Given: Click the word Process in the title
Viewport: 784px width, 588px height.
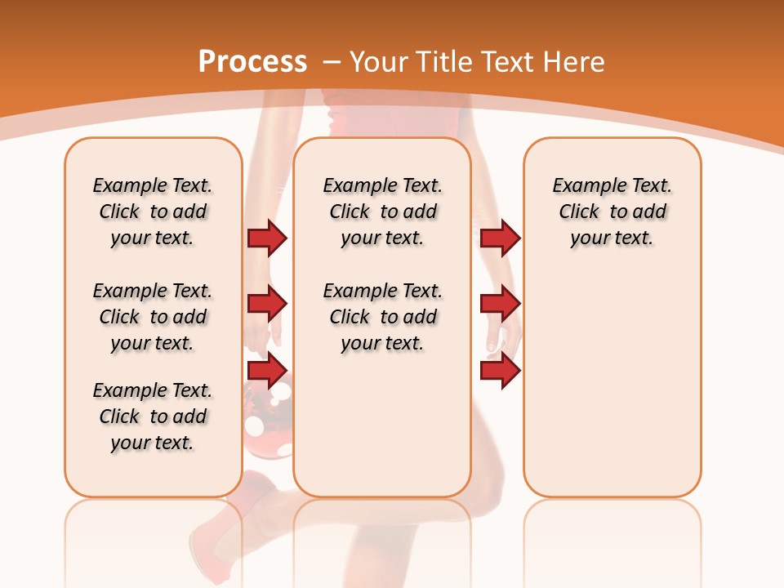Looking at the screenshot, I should point(252,62).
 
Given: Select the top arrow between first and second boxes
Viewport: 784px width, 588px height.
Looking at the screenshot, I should point(267,238).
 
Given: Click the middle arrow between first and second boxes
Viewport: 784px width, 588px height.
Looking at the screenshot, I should point(267,304).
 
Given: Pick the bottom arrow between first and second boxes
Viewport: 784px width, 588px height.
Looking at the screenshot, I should point(267,370).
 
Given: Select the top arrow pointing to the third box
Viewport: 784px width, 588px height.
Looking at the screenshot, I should point(500,238).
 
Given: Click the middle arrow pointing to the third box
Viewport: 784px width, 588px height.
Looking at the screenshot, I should point(500,304).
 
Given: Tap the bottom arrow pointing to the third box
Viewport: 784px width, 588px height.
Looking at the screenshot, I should point(500,370).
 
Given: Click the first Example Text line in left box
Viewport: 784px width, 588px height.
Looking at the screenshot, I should point(153,185).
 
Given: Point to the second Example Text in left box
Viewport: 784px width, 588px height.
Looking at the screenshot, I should point(153,291).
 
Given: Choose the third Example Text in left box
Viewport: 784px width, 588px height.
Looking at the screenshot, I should point(153,390).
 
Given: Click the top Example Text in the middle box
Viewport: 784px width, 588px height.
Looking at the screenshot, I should point(382,185).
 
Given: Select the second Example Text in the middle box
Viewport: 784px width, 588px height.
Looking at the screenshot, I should point(382,291).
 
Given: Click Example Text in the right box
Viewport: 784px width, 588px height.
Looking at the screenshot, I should point(612,185).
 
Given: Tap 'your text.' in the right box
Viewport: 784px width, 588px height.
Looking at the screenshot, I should point(612,238).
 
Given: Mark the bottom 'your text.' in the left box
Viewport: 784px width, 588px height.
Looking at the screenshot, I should point(153,443).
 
